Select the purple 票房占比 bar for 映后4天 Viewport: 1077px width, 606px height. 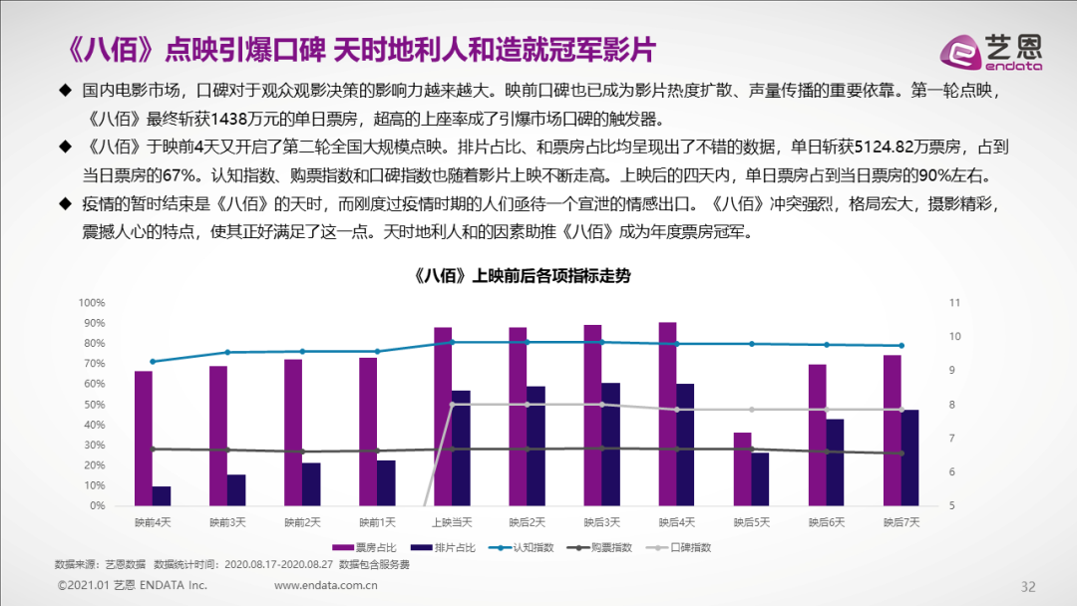(x=667, y=414)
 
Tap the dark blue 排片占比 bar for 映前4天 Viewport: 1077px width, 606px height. (x=162, y=495)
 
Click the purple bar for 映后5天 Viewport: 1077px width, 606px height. (x=742, y=468)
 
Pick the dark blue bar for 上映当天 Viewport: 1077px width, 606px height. (x=461, y=448)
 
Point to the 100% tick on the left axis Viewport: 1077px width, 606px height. (x=92, y=303)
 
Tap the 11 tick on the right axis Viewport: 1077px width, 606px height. (x=952, y=303)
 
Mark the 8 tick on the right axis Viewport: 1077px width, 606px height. (x=952, y=405)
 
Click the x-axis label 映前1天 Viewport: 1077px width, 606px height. (x=377, y=521)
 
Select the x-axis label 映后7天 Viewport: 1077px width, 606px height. (x=901, y=521)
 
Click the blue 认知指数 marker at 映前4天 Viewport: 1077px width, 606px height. (x=153, y=362)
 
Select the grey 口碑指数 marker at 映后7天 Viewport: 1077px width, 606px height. (x=901, y=410)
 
